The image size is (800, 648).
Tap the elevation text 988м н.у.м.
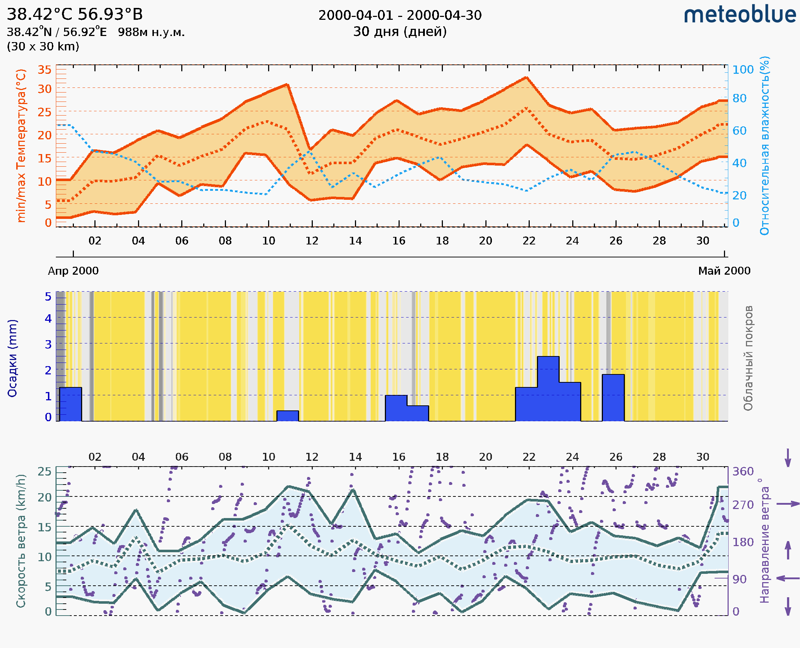(151, 32)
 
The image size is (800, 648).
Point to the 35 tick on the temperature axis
(44, 70)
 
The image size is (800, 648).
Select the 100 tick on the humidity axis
(743, 70)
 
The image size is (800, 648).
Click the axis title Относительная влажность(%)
(764, 145)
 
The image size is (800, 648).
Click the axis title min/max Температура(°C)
(21, 145)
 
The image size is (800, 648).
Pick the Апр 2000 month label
(73, 271)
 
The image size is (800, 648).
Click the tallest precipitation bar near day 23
(548, 388)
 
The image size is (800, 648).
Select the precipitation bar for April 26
(613, 397)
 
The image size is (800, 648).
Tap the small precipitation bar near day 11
(287, 416)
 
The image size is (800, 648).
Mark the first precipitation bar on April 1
(70, 404)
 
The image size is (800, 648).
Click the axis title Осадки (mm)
(12, 358)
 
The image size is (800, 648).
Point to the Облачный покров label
(748, 358)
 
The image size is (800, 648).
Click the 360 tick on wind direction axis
(743, 472)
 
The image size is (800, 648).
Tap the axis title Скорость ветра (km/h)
(21, 541)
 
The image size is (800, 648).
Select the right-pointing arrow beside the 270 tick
(788, 504)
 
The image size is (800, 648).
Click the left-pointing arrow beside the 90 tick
(788, 579)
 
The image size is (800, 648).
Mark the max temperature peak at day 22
(526, 78)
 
